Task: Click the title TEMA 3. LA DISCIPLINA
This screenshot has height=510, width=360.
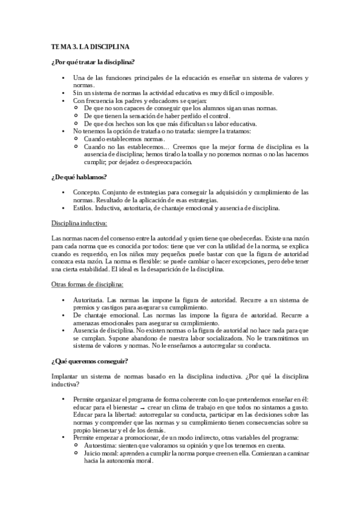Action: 90,46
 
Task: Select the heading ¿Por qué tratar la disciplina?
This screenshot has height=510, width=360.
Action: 93,62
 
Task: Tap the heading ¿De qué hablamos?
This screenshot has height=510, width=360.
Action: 79,177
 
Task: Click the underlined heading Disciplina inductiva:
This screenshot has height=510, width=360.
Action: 80,223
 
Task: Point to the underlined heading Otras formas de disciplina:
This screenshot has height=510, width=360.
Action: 87,284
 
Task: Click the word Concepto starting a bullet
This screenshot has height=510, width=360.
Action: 85,192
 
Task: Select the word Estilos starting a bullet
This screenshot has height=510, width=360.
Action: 82,208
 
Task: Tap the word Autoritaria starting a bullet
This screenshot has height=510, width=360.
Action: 88,299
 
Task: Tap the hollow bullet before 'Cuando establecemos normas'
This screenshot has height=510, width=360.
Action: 76,138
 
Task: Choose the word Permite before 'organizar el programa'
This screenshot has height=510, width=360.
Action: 85,399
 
